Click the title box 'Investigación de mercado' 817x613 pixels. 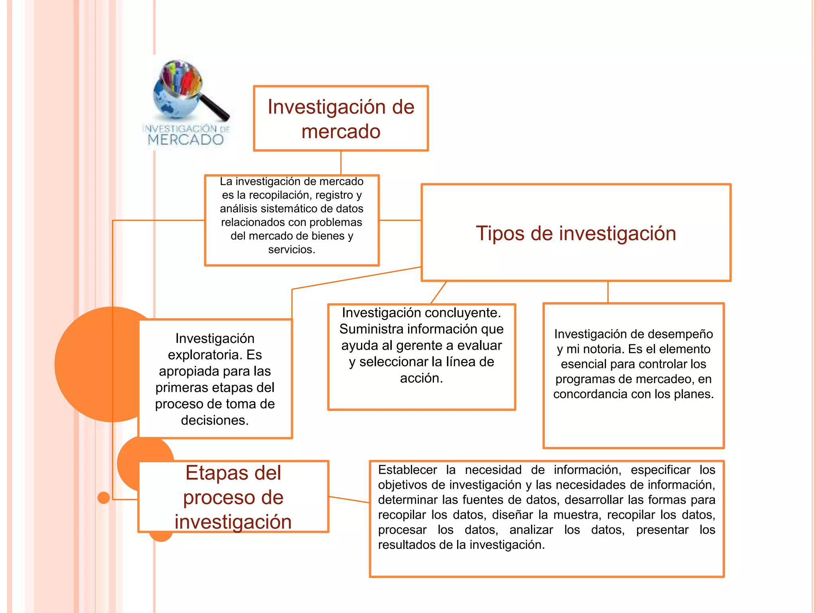[341, 119]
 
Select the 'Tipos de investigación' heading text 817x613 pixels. [576, 233]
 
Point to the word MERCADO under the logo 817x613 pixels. [186, 140]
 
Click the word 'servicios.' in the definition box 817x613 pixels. [292, 250]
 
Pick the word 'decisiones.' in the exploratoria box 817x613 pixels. [215, 420]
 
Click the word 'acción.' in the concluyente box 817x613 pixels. [421, 378]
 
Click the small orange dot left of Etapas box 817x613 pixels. [104, 498]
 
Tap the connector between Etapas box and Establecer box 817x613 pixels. [349, 500]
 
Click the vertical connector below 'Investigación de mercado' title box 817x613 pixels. [341, 163]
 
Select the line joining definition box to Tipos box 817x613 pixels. [400, 220]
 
